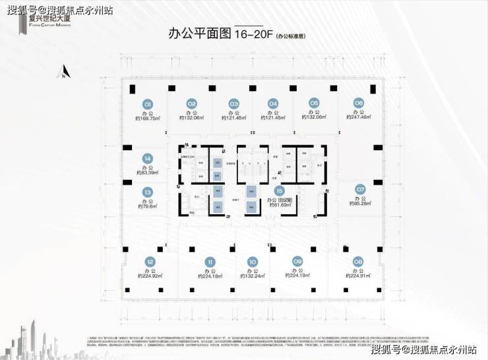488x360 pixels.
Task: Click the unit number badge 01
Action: [148, 104]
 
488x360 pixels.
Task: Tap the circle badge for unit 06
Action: [358, 104]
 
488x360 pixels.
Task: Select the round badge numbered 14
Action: [148, 159]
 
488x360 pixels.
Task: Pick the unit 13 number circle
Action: [148, 192]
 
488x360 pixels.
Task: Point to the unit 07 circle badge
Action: [360, 189]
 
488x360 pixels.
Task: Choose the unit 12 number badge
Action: [150, 261]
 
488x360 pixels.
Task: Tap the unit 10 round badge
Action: [252, 261]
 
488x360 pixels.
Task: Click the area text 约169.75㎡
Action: [148, 119]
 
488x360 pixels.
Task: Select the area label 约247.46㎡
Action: [359, 119]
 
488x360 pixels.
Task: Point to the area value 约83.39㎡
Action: [148, 173]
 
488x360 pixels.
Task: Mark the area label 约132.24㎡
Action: [252, 277]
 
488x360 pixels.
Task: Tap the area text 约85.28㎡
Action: [360, 204]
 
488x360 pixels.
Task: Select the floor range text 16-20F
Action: [253, 33]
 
